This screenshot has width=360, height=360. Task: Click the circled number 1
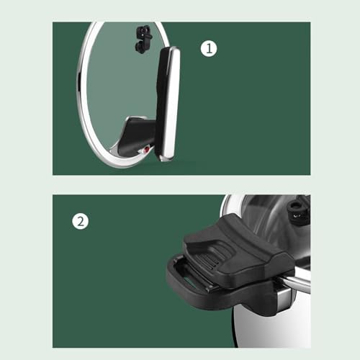(209, 48)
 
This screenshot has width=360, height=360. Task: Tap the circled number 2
(81, 221)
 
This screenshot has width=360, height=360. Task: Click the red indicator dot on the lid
(146, 150)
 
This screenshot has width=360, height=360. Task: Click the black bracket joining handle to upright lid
(137, 135)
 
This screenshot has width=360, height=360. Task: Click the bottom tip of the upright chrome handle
(166, 161)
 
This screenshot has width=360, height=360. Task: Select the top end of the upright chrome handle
(171, 48)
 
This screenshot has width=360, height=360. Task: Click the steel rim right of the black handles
(300, 283)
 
